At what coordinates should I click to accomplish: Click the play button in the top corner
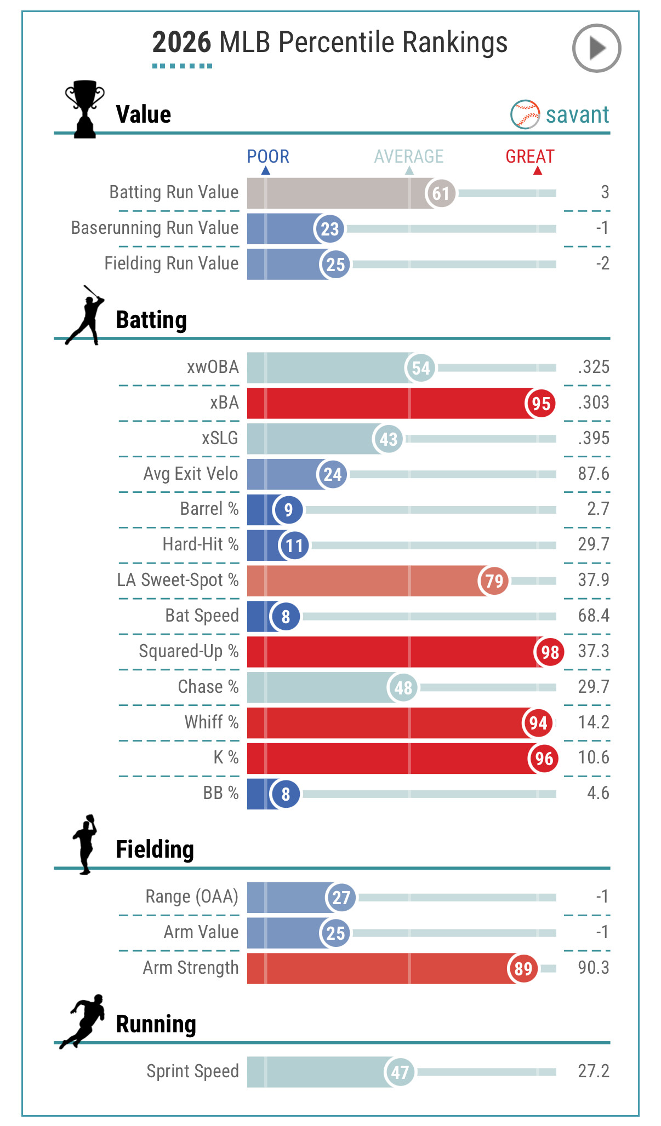[x=596, y=48]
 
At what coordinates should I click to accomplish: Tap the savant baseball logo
[x=525, y=114]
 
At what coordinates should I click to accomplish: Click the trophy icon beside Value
[x=84, y=109]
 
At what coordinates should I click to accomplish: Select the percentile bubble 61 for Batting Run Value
[x=441, y=193]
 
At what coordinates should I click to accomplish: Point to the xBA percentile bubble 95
[x=541, y=404]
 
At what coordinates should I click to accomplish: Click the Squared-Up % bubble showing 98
[x=550, y=652]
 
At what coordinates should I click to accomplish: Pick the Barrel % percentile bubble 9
[x=288, y=510]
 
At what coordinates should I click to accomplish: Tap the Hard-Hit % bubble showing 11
[x=294, y=545]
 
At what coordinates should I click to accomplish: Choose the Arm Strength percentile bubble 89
[x=523, y=969]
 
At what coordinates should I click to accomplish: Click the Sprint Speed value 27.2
[x=594, y=1071]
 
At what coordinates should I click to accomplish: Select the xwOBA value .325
[x=594, y=366]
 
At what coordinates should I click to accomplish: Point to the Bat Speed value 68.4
[x=594, y=615]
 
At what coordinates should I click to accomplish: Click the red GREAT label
[x=530, y=157]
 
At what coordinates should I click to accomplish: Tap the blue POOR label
[x=268, y=157]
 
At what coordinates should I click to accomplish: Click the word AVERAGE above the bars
[x=409, y=157]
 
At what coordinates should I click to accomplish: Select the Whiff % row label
[x=212, y=722]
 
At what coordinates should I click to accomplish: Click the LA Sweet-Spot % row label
[x=178, y=579]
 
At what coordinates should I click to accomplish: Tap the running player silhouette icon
[x=83, y=1021]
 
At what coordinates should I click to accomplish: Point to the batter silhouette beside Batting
[x=84, y=315]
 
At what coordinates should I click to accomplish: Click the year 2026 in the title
[x=181, y=42]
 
